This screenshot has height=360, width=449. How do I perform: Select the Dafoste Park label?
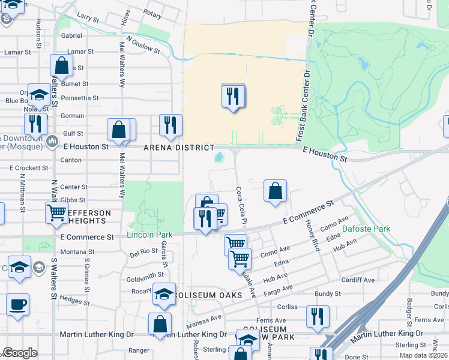coord(366,229)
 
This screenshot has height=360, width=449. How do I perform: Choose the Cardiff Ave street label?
coord(358,280)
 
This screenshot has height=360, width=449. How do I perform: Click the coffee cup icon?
coord(17,304)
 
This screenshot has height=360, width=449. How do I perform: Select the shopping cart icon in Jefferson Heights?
coord(56,212)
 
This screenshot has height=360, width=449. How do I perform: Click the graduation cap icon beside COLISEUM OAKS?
coord(164,293)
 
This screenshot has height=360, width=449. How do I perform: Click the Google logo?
coord(20,353)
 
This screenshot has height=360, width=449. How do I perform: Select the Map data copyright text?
coord(424,355)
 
